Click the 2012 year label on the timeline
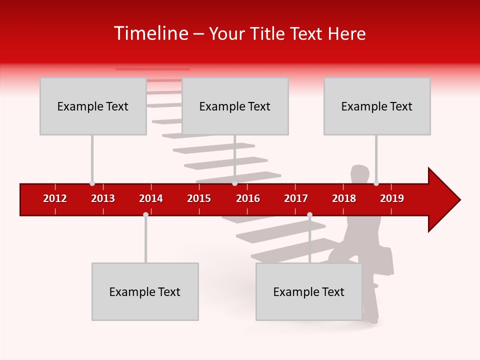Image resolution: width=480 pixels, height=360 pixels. coord(55,198)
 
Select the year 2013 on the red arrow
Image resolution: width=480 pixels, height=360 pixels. coord(103,198)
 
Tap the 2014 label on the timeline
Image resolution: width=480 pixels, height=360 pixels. coord(151,198)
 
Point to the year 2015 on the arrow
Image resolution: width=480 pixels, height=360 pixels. coord(199,198)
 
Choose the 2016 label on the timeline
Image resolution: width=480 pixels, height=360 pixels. coord(248,198)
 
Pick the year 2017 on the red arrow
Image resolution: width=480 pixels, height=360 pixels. coord(296,198)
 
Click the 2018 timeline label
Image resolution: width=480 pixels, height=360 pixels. coord(344,198)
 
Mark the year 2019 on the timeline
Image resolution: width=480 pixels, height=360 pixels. coord(392,198)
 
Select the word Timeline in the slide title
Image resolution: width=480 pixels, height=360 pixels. coord(150,33)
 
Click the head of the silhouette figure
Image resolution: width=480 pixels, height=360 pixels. coord(359,174)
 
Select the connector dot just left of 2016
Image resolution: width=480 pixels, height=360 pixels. coord(235,183)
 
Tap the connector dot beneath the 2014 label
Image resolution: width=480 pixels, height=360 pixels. coord(145,214)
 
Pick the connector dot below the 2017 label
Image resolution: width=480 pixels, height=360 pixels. coord(309,214)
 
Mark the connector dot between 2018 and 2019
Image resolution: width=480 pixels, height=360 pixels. coord(376,183)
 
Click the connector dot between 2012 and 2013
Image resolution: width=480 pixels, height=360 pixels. coord(92,183)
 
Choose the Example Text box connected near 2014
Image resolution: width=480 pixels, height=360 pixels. coord(145,291)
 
